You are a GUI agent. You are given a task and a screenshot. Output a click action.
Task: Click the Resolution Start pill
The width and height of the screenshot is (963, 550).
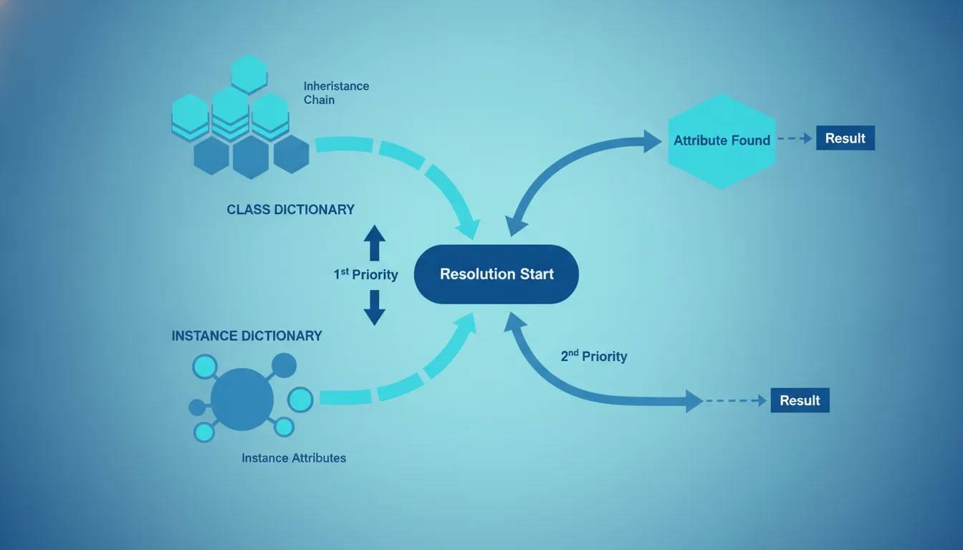point(496,274)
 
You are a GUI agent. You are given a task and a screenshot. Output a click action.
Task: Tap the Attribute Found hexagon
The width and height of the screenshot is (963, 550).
point(722,141)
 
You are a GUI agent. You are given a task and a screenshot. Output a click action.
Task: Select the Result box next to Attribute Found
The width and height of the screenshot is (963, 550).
point(845,138)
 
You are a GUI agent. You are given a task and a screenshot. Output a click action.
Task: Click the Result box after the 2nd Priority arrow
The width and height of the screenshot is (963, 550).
point(800,400)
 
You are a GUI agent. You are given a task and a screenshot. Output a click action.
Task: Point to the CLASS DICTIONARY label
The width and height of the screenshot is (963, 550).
point(291,210)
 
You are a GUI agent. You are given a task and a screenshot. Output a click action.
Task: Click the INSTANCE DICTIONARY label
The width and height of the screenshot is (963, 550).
point(246,336)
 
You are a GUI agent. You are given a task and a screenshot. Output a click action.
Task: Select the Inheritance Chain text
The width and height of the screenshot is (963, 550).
point(336,93)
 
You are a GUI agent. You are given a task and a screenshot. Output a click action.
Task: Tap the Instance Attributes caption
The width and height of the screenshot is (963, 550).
point(294,458)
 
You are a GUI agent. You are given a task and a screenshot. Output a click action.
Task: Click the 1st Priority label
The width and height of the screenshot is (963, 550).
point(366,274)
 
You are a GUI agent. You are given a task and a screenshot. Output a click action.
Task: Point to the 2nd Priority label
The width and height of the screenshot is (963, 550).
point(594,356)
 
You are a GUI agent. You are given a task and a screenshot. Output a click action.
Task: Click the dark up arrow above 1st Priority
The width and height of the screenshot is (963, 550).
point(375,243)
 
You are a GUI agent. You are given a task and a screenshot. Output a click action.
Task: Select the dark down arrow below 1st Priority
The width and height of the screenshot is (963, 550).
point(375,308)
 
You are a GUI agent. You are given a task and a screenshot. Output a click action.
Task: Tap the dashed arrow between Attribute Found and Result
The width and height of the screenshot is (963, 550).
point(795,138)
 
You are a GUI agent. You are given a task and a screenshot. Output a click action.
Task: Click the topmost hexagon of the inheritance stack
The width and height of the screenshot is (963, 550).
point(249,74)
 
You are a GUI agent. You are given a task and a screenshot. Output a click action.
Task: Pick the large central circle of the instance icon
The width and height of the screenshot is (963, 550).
point(242,399)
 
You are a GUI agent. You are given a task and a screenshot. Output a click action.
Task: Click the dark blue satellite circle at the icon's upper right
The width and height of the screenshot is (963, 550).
point(284,366)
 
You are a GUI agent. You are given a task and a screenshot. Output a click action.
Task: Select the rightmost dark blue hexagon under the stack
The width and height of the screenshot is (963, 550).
point(292,154)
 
